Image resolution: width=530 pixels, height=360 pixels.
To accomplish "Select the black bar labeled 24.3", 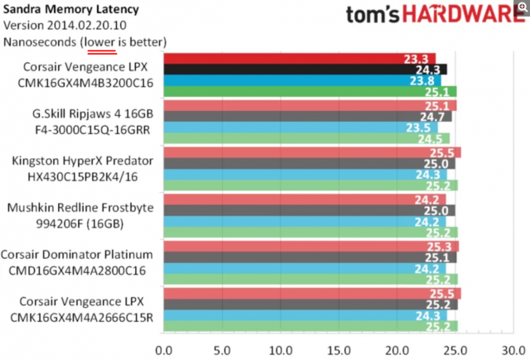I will click(306, 70).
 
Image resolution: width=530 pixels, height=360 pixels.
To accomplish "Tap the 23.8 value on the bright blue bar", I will click(422, 81).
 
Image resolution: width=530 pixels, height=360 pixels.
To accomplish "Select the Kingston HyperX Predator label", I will click(86, 161).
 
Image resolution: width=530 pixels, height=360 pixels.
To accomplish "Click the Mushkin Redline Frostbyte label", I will click(86, 208).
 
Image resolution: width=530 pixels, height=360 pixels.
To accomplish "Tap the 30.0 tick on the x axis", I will click(513, 348).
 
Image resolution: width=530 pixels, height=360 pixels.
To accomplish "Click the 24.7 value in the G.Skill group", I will click(436, 117).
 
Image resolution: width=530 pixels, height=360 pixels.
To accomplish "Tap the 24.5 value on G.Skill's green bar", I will click(434, 138).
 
